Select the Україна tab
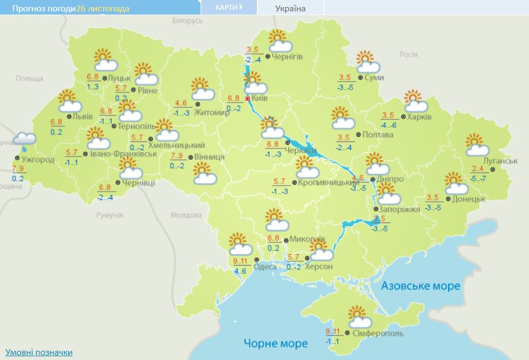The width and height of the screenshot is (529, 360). click(290, 8)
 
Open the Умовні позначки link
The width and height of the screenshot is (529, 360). click(39, 352)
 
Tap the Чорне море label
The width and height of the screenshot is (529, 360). click(275, 343)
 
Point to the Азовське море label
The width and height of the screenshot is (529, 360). click(421, 286)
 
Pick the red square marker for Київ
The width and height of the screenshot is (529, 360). click(248, 99)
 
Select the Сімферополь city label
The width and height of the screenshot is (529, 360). click(378, 334)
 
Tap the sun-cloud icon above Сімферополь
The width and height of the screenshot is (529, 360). click(359, 317)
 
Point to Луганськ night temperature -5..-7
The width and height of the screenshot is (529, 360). click(479, 178)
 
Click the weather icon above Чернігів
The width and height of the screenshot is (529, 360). click(280, 40)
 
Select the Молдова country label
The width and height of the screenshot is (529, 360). click(186, 215)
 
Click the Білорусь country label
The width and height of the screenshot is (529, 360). click(187, 21)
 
